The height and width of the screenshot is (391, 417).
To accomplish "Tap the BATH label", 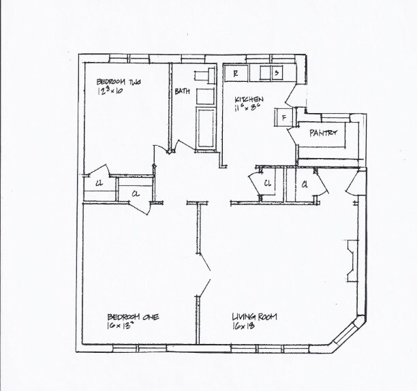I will point(182,91).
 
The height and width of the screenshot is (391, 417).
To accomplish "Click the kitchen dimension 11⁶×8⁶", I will point(246,107).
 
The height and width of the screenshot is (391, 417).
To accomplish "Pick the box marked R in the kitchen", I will point(235,72).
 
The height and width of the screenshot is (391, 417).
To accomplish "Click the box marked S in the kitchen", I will point(277,72).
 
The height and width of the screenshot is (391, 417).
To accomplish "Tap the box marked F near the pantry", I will point(283,118).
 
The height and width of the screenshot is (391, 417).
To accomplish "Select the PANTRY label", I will point(324,133).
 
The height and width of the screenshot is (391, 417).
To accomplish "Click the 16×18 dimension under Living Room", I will point(243,326).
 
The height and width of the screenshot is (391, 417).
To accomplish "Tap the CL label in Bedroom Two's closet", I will point(99,182).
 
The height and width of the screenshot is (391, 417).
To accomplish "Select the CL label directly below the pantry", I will point(305,184).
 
